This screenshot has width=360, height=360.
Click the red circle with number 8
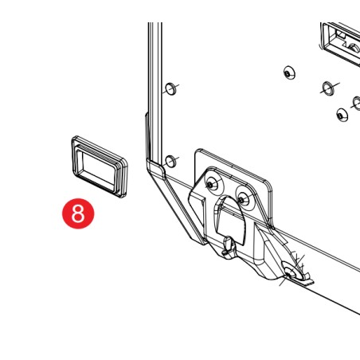(x=78, y=213)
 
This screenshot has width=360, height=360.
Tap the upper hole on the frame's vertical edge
(x=170, y=88)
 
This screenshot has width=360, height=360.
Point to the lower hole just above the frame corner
(x=170, y=161)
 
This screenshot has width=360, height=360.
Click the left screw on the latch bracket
(x=211, y=184)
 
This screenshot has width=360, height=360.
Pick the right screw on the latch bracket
(x=241, y=199)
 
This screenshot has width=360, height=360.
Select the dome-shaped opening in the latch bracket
(x=230, y=220)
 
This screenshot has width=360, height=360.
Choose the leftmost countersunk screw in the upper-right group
(x=289, y=72)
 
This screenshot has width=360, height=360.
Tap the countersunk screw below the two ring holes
(x=342, y=115)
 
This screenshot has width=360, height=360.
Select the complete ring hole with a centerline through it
(x=328, y=88)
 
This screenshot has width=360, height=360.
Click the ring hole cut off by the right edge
(x=357, y=104)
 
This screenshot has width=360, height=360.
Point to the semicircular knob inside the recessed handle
(x=353, y=49)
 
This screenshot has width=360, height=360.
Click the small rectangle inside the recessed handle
(x=341, y=34)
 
